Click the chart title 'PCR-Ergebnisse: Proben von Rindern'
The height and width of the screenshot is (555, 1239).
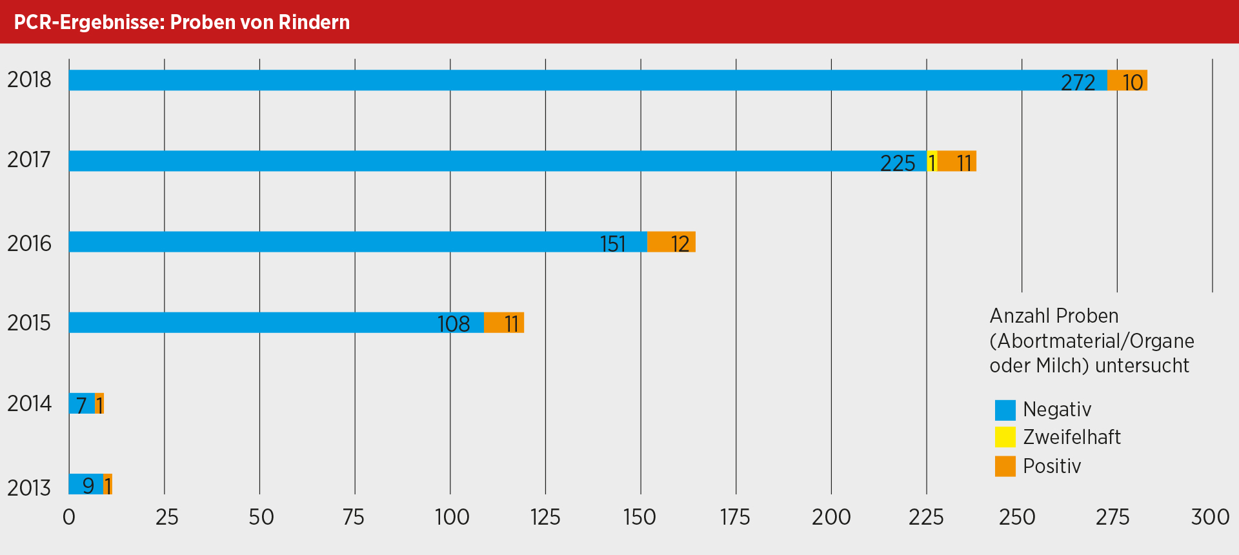click(181, 22)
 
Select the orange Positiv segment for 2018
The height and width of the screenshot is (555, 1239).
click(1127, 80)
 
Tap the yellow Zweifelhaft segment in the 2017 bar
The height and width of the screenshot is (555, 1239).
click(932, 161)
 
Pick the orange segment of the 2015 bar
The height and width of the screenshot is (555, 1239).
click(503, 322)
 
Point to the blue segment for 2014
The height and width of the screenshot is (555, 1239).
click(81, 403)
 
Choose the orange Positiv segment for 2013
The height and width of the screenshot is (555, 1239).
click(108, 484)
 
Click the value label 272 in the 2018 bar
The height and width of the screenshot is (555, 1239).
click(1078, 83)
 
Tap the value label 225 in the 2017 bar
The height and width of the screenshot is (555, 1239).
click(898, 163)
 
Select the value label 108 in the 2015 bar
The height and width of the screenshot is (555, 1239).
click(454, 324)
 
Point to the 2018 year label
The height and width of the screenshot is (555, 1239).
click(29, 80)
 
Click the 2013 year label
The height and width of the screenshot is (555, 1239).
click(29, 487)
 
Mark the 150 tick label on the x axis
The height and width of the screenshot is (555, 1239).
click(640, 517)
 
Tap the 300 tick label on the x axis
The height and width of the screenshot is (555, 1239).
click(1210, 517)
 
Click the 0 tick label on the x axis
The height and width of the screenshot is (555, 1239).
click(69, 517)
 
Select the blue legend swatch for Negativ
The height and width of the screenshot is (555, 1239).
click(1005, 410)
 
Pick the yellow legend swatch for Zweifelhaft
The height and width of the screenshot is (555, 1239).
click(1005, 438)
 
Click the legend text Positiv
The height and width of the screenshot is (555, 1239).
click(1052, 466)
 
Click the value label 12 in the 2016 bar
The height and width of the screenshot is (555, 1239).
click(680, 244)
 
